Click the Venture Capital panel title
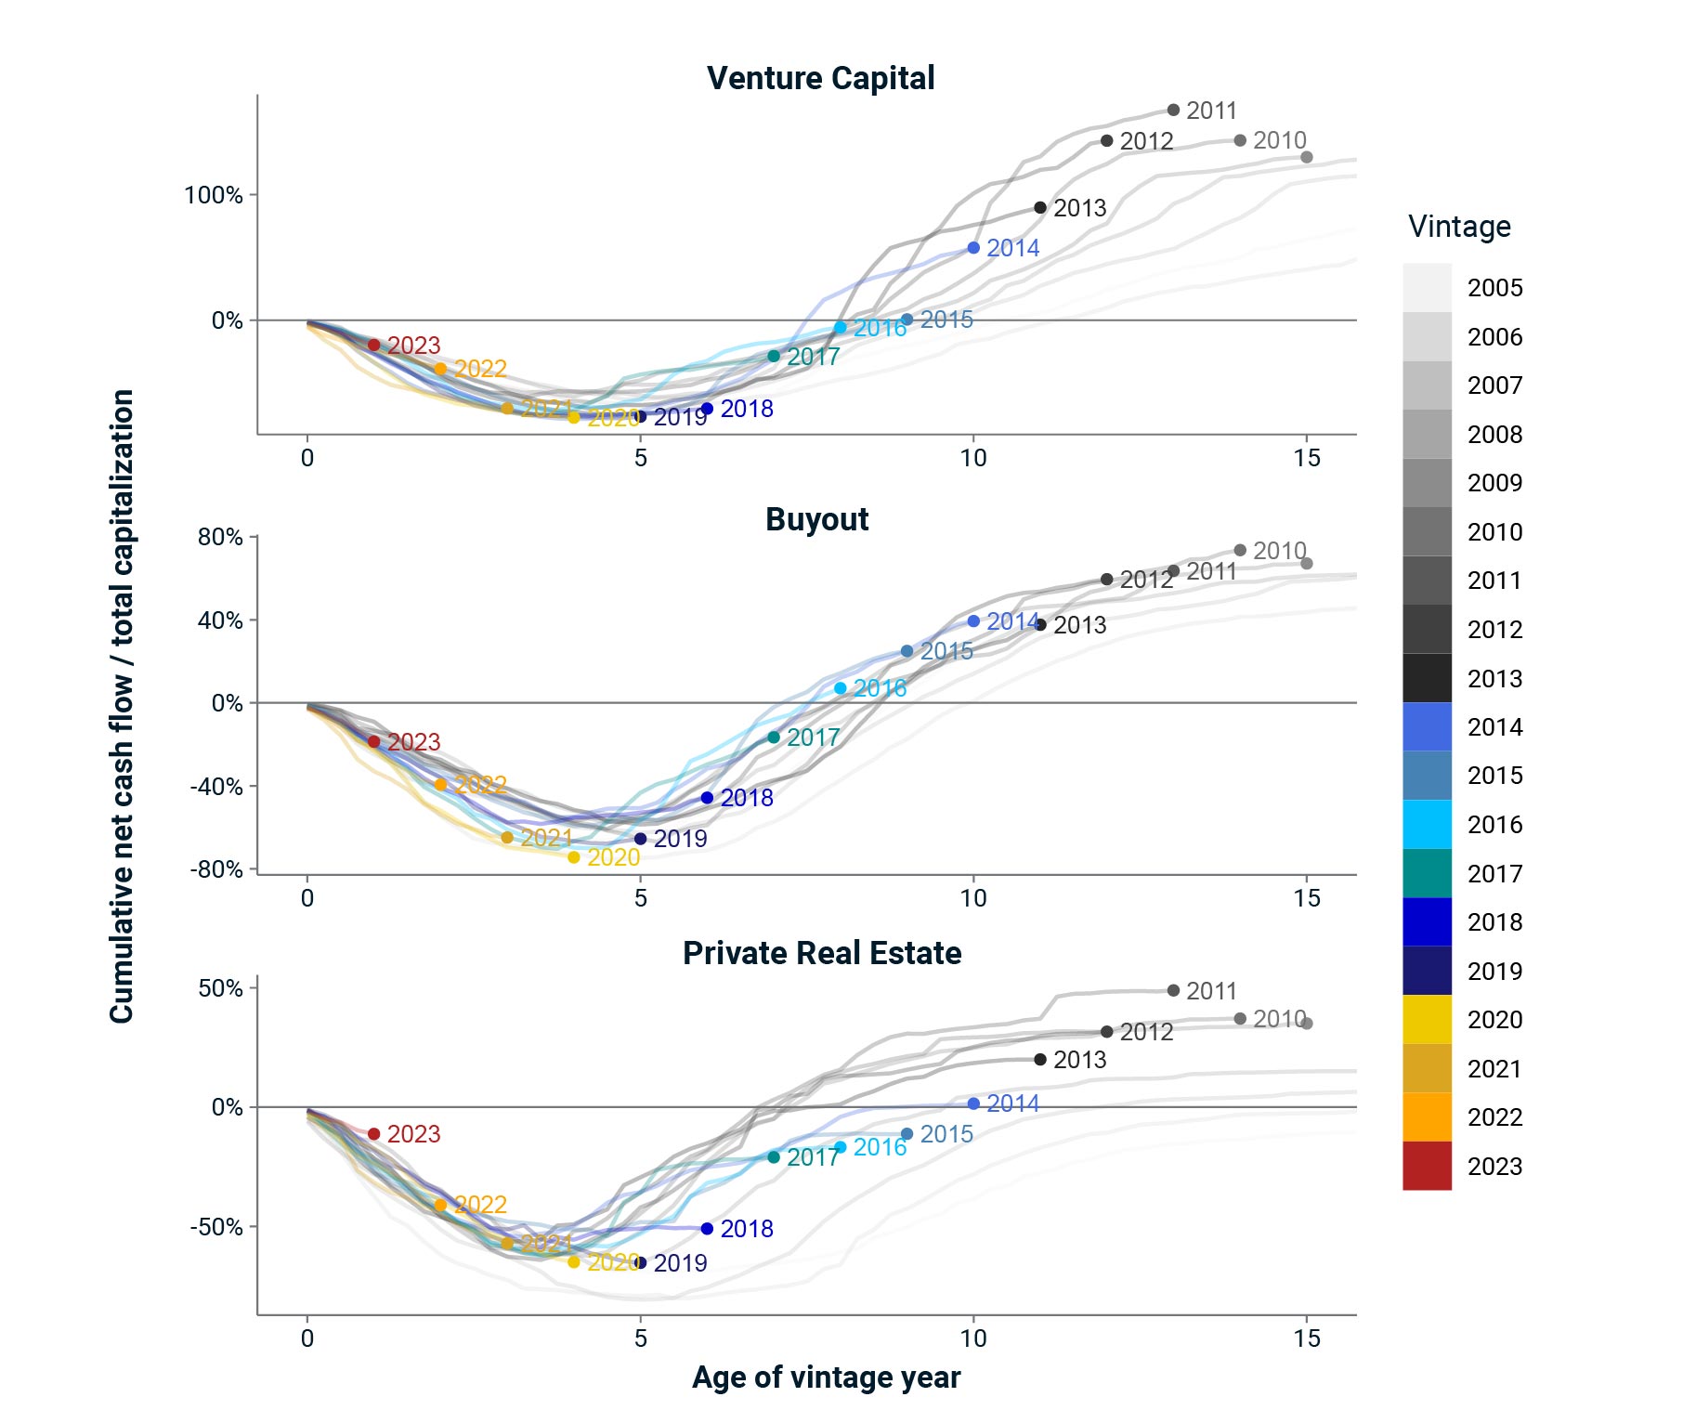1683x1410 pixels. pos(820,78)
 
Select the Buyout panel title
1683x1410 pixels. pos(816,519)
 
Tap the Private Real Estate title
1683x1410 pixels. pos(822,953)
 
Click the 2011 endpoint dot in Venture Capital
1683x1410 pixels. pos(1173,110)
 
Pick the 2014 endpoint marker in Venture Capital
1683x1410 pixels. pos(973,248)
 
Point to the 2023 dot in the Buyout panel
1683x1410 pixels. pos(373,741)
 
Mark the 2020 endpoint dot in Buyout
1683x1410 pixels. pos(573,857)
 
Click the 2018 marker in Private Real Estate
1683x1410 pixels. pos(707,1229)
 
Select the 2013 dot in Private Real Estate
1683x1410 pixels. pos(1040,1060)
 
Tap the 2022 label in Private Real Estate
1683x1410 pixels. pos(480,1205)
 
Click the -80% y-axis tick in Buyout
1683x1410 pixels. pos(216,869)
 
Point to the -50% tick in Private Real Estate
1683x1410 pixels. pos(216,1227)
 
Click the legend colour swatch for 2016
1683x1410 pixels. pos(1427,825)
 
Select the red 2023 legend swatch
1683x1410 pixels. pos(1427,1166)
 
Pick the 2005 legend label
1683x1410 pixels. pos(1494,288)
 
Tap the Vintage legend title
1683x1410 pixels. pos(1459,227)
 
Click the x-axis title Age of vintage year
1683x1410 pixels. pos(826,1377)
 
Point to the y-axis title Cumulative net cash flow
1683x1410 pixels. pos(122,706)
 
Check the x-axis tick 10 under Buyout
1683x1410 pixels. pos(973,898)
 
